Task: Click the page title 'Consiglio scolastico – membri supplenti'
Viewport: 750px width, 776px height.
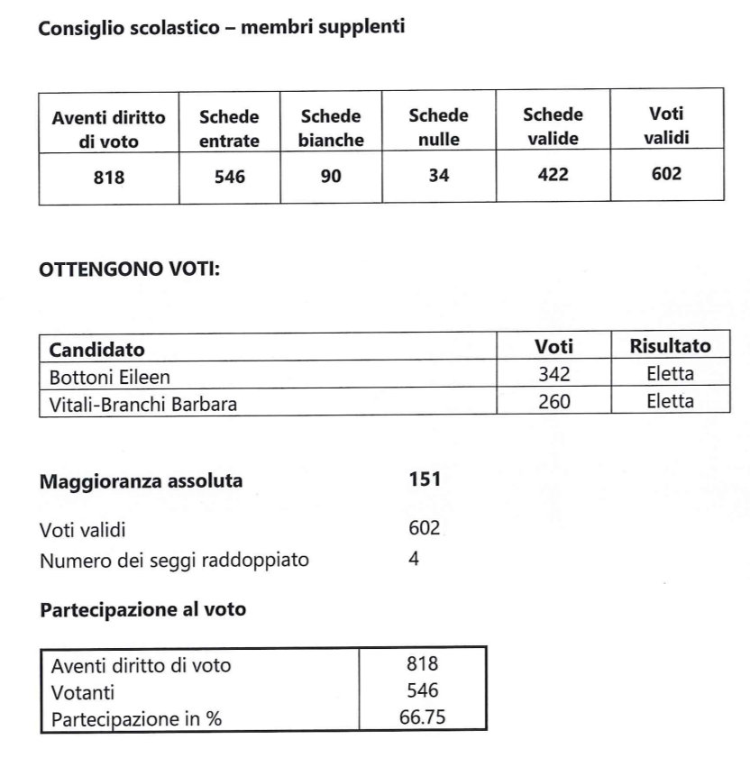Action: [221, 27]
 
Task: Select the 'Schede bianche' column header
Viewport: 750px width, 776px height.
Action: [331, 128]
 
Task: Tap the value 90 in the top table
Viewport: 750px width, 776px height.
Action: [331, 177]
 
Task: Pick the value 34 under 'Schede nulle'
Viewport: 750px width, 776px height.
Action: [438, 176]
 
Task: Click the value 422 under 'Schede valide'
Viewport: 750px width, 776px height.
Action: [553, 175]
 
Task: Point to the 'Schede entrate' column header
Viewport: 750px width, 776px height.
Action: [229, 129]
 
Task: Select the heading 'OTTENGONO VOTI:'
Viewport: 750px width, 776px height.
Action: [129, 269]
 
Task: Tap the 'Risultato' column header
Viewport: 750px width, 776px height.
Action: [670, 346]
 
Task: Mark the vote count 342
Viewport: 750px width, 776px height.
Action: [553, 375]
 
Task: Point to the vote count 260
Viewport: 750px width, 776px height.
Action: [553, 402]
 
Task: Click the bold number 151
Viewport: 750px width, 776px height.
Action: [425, 480]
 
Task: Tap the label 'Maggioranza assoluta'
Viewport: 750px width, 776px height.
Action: [141, 481]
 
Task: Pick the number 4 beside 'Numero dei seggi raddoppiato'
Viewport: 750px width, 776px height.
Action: [414, 560]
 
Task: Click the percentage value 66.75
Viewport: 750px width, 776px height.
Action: [422, 717]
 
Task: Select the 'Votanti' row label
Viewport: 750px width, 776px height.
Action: [83, 693]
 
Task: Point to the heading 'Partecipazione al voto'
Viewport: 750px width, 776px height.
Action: [142, 609]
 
